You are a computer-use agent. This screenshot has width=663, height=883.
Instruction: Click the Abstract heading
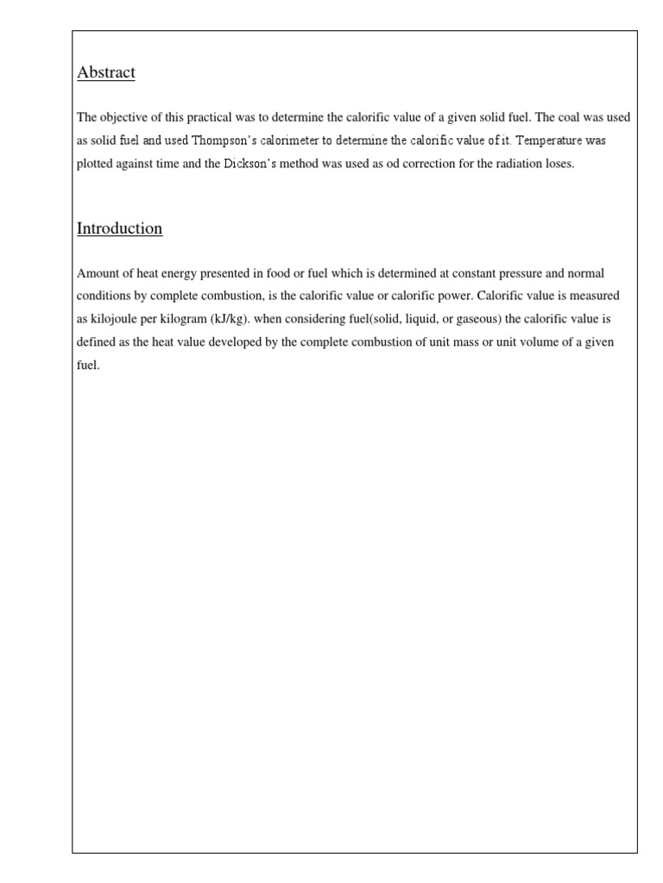[106, 73]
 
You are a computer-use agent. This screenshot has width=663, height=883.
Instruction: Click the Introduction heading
[119, 229]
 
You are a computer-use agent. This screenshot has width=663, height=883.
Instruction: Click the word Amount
[97, 274]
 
